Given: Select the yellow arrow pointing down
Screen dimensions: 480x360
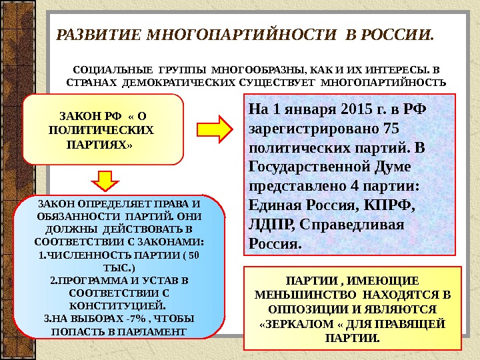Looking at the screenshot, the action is click(x=104, y=181).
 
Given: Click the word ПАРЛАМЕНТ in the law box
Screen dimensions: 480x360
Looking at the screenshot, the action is click(x=153, y=331).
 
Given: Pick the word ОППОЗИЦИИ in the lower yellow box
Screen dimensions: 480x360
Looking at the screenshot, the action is click(x=301, y=309).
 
